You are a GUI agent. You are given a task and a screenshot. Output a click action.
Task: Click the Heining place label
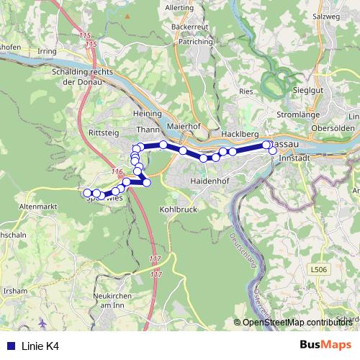[147, 114]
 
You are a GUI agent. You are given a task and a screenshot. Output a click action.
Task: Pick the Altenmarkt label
[38, 206]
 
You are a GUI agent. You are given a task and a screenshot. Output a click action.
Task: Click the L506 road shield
[320, 269]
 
